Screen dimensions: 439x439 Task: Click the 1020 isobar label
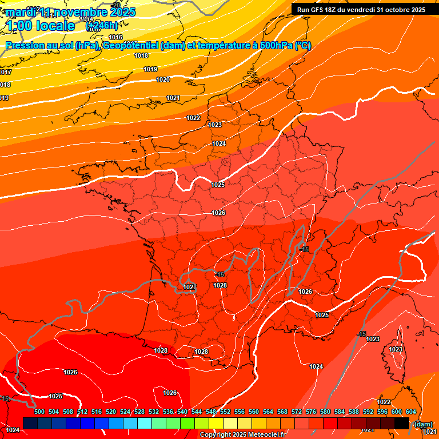pos(163,79)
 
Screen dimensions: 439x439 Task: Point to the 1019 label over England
pos(150,69)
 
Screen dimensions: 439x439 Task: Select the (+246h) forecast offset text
pos(102,25)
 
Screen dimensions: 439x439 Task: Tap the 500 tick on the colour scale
pos(39,412)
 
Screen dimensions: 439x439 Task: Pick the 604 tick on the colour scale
pos(411,412)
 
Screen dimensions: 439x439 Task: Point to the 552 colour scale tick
pos(225,412)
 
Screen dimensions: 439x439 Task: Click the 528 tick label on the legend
pos(139,412)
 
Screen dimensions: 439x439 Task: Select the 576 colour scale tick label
pos(311,412)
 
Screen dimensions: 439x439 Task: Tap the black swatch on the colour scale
pos(402,424)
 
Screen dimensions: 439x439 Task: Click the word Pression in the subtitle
pos(23,46)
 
